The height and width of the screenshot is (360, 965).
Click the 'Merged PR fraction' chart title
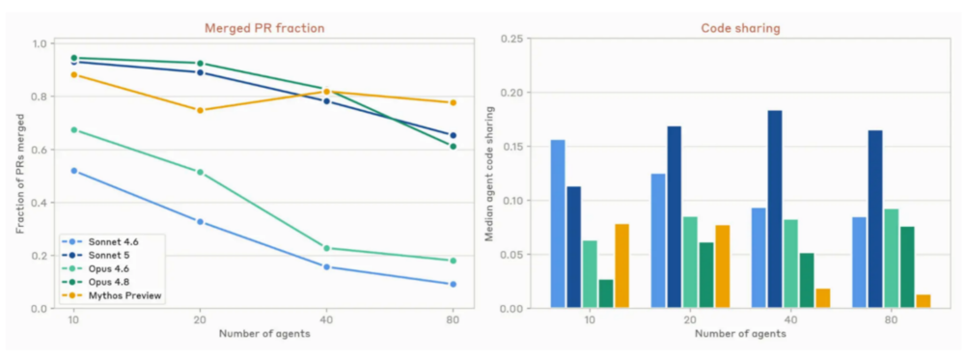[264, 28]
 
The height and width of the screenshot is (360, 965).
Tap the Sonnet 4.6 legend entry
[103, 241]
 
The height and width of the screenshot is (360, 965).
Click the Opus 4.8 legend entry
[103, 283]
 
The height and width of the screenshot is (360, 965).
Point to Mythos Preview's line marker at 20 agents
[200, 110]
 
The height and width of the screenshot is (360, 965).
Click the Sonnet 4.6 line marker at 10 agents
[74, 171]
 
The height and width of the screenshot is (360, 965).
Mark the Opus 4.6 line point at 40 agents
[326, 248]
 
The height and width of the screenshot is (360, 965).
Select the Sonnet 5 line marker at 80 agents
[453, 135]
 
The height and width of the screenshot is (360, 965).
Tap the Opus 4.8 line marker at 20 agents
[200, 64]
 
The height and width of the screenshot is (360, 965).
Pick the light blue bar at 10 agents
[558, 224]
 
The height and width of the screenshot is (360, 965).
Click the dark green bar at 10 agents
[606, 293]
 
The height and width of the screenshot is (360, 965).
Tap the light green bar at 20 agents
[690, 263]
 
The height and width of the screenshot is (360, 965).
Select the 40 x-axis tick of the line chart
[326, 321]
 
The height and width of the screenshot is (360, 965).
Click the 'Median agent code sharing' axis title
[490, 173]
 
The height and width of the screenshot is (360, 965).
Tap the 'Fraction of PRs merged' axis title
[19, 173]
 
